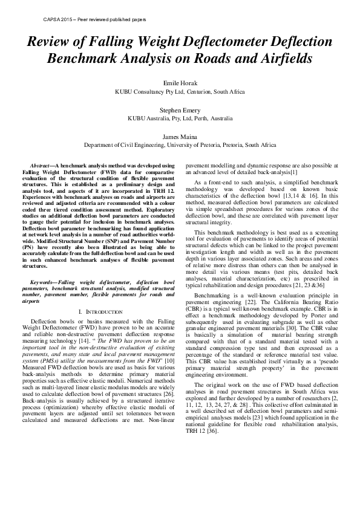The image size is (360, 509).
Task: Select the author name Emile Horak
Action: click(x=180, y=83)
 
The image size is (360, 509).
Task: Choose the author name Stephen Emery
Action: click(x=180, y=111)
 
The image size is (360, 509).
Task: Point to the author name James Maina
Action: click(x=180, y=138)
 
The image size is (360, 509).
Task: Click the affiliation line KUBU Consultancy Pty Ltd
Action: click(x=180, y=91)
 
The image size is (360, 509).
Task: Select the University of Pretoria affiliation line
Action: click(x=180, y=146)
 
